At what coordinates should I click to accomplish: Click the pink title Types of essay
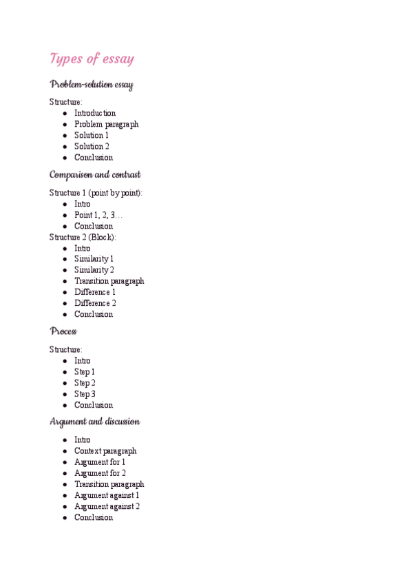coord(92,59)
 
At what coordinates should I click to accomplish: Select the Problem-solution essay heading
coord(92,85)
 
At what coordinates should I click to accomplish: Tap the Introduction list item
coord(95,113)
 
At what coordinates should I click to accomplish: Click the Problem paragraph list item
coord(106,124)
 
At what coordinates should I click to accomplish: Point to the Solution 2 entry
coord(92,146)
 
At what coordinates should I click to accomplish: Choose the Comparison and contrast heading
coord(95,175)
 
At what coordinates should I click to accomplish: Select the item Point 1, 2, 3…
coord(98,215)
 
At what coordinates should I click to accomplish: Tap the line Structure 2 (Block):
coord(83,237)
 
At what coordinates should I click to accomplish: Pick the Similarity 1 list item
coord(94,259)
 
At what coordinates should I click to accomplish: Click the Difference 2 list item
coord(95,303)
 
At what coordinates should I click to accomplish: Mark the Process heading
coord(63,331)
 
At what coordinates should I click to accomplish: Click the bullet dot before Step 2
coord(65,383)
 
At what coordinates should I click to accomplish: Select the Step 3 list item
coord(85,394)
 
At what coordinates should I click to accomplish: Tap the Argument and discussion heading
coord(95,421)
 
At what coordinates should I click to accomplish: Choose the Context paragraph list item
coord(105,451)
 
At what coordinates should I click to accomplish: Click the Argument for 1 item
coord(100,462)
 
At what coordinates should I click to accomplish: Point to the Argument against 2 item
coord(107,506)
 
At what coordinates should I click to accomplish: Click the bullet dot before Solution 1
coord(65,135)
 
